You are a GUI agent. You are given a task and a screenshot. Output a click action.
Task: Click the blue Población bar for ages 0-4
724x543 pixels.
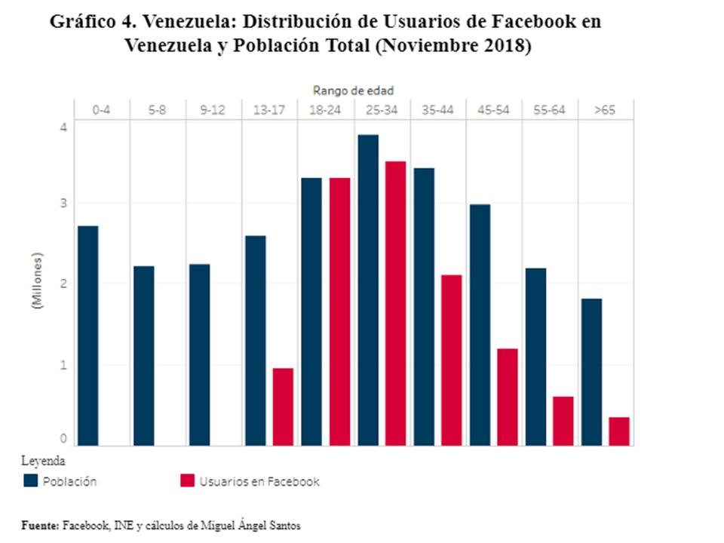(x=87, y=336)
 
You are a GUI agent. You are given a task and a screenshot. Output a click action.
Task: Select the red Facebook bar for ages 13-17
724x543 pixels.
(x=283, y=406)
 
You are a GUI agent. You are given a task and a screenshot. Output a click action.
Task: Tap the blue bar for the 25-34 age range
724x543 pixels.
(x=368, y=290)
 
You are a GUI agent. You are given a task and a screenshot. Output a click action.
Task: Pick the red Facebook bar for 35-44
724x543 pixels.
(x=451, y=360)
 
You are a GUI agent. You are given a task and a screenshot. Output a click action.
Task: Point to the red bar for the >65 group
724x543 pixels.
(x=619, y=431)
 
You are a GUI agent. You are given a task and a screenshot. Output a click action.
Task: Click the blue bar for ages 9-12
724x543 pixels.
(x=199, y=354)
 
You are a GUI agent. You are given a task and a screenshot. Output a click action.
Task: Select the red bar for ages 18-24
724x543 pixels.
(x=339, y=311)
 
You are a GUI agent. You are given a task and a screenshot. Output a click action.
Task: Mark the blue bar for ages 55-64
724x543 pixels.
(x=535, y=357)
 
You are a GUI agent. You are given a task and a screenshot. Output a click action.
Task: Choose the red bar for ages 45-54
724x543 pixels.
(x=507, y=397)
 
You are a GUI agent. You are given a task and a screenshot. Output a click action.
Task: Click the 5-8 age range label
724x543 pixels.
(x=158, y=110)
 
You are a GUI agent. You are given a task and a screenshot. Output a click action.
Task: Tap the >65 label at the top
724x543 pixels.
(x=605, y=110)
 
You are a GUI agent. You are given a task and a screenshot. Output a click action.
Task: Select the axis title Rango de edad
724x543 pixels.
(x=353, y=90)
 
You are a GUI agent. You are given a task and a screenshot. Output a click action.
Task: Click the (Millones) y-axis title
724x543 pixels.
(x=36, y=281)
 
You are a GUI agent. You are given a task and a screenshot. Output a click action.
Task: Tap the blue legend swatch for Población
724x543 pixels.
(x=31, y=481)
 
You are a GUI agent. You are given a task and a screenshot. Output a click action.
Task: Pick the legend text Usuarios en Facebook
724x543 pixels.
(x=259, y=481)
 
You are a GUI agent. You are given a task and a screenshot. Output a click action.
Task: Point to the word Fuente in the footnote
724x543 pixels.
(x=40, y=525)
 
